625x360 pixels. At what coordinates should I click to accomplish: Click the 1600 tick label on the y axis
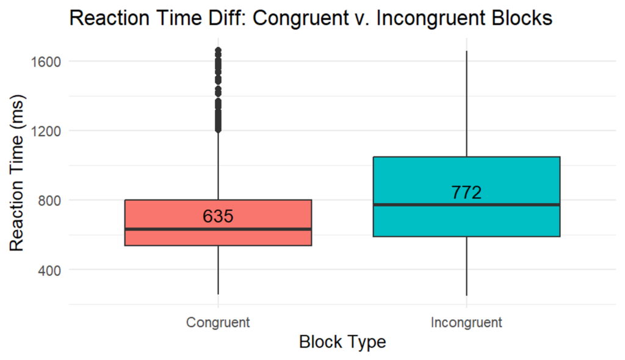click(x=45, y=62)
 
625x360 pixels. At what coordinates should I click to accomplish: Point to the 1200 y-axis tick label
click(x=45, y=131)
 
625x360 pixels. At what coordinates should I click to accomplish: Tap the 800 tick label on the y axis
click(x=49, y=201)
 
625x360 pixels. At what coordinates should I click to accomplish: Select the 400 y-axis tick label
click(x=49, y=270)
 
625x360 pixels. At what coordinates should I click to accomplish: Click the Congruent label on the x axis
click(x=218, y=322)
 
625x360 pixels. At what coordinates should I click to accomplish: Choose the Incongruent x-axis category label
click(x=466, y=322)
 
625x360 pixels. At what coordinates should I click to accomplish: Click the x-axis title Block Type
click(x=342, y=342)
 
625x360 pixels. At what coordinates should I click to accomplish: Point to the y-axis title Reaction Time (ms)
click(x=16, y=173)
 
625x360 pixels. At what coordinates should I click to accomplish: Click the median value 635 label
click(x=218, y=216)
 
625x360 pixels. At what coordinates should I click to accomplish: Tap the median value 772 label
click(x=466, y=192)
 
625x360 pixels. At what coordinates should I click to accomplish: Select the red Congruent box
click(x=218, y=223)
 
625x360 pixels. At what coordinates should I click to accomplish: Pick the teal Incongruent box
click(x=466, y=196)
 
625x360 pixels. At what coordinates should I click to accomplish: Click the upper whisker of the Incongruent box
click(x=466, y=104)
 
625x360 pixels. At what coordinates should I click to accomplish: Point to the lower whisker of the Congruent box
click(x=218, y=270)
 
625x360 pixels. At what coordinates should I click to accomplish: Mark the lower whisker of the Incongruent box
click(x=466, y=266)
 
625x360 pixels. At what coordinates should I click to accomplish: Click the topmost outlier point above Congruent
click(x=218, y=51)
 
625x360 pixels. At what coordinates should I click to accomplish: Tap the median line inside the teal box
click(x=466, y=204)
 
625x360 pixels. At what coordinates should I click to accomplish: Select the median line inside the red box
click(x=218, y=229)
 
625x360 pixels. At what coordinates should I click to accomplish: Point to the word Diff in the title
click(x=228, y=18)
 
